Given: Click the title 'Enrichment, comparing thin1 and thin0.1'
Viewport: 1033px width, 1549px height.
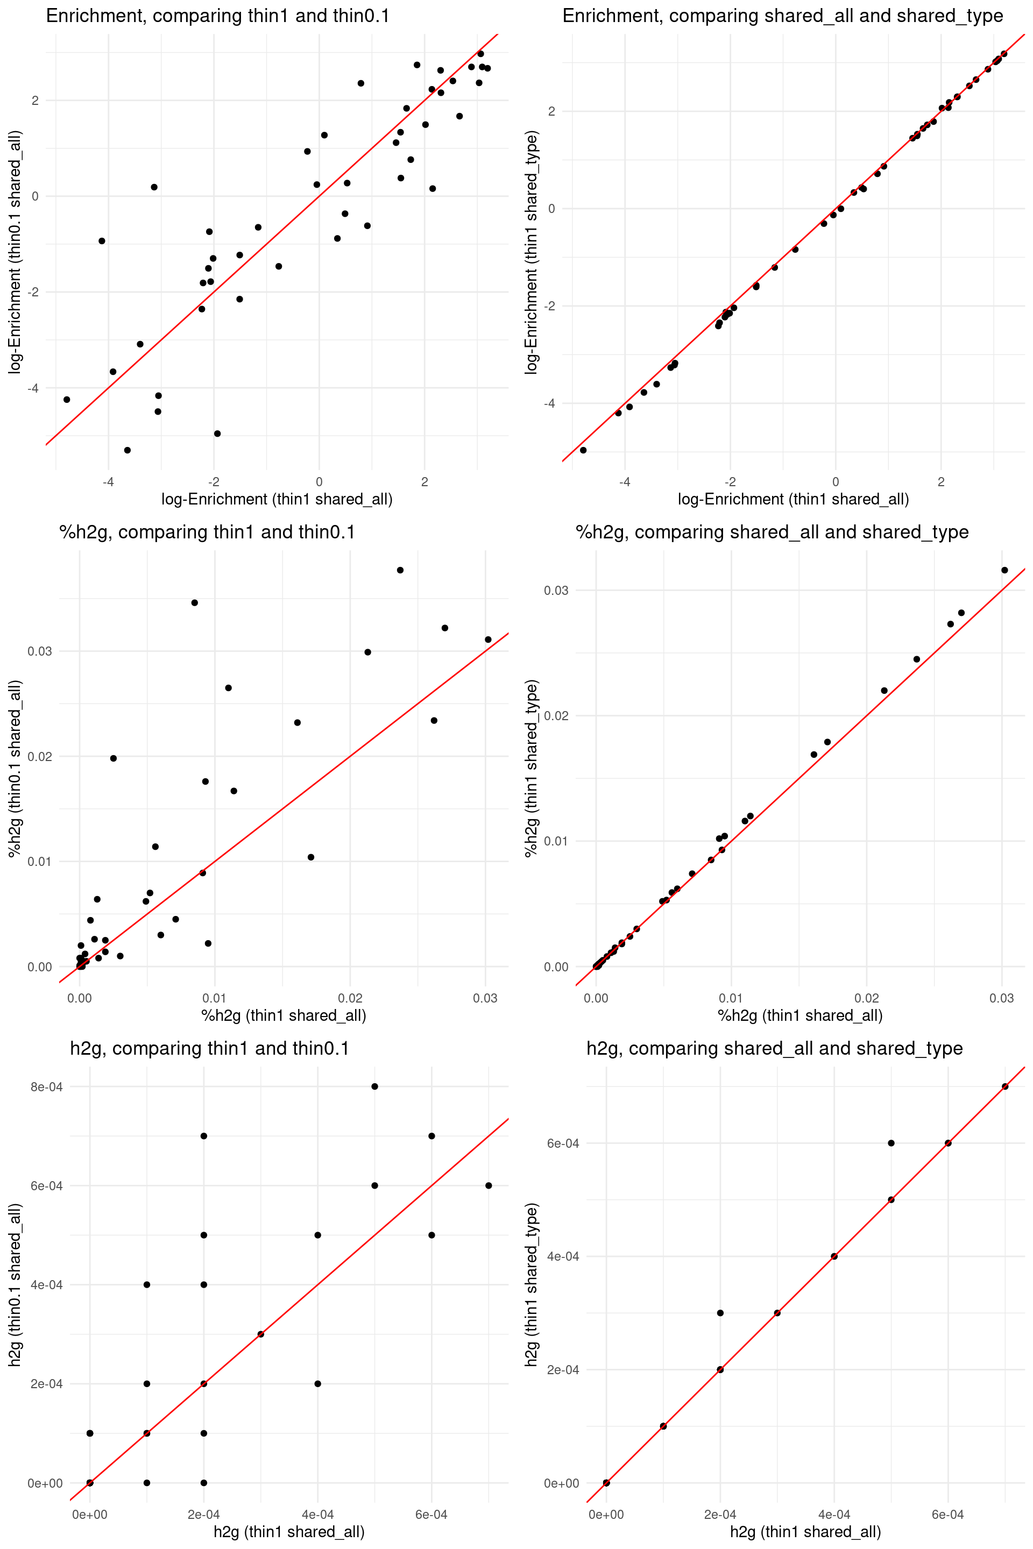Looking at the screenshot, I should [217, 16].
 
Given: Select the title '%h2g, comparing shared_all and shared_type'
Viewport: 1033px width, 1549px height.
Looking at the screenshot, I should [772, 532].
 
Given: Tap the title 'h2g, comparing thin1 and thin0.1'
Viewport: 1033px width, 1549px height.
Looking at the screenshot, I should [209, 1048].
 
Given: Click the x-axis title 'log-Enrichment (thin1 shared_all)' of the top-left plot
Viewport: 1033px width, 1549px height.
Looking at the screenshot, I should [277, 499].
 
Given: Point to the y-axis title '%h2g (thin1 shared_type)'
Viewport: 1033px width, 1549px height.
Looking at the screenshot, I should [531, 768].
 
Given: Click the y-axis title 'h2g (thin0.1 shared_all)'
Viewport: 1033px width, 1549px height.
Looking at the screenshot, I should [15, 1284].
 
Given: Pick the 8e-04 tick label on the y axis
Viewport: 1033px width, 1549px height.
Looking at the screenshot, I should [47, 1086].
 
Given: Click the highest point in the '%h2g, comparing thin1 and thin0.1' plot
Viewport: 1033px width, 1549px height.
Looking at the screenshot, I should [400, 570].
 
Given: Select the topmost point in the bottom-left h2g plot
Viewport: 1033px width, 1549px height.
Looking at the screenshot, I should [374, 1086].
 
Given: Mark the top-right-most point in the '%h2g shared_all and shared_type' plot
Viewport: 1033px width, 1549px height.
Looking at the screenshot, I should [1004, 570].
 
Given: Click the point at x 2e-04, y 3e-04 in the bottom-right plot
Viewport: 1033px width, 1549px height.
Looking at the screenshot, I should [720, 1313].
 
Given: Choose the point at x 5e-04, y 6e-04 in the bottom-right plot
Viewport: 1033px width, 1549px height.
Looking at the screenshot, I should [891, 1143].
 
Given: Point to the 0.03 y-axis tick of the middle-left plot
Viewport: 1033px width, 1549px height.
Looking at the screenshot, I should [39, 651].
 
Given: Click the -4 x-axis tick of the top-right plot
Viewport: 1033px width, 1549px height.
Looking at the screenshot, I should [625, 482].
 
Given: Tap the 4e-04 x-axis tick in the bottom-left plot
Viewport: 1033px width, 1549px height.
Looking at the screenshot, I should [317, 1515].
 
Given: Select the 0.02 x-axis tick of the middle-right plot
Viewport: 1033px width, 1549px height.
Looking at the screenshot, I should [866, 998].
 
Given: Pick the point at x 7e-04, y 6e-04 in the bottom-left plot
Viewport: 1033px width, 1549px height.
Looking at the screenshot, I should [488, 1185].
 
